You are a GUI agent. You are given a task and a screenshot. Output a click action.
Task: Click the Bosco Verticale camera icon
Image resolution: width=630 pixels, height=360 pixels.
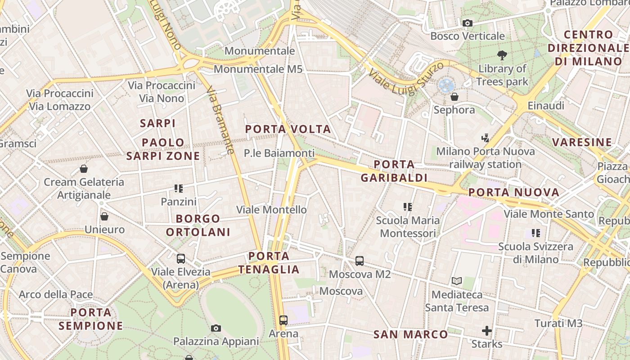click(x=468, y=23)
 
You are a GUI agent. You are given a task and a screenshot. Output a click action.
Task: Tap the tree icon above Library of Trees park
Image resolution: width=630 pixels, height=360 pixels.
click(x=502, y=55)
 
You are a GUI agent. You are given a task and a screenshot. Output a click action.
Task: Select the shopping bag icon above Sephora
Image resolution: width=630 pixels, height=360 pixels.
click(x=454, y=97)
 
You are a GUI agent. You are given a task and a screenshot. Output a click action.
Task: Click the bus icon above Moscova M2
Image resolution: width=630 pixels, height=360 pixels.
click(x=360, y=261)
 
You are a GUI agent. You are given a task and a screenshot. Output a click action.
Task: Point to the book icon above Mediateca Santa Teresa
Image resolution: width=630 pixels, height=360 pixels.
click(x=457, y=281)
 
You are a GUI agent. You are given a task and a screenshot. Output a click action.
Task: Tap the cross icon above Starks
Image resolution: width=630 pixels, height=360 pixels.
click(x=487, y=331)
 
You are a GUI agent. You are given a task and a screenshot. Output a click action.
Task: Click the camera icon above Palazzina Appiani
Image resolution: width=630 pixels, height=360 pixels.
click(x=216, y=328)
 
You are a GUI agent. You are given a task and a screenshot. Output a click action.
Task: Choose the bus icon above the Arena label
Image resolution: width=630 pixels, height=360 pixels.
click(x=283, y=320)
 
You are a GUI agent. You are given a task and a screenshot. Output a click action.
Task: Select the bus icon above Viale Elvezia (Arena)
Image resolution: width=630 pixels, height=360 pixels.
click(x=181, y=259)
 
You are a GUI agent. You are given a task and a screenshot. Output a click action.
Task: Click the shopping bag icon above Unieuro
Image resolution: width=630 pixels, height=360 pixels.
click(x=104, y=216)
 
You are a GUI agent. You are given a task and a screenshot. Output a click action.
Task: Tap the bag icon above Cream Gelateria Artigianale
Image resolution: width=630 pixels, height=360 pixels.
click(x=83, y=169)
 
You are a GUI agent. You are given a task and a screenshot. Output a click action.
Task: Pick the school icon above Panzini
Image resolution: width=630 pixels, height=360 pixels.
click(x=179, y=188)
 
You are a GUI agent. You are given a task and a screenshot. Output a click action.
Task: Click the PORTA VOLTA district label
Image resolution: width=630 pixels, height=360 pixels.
click(x=288, y=130)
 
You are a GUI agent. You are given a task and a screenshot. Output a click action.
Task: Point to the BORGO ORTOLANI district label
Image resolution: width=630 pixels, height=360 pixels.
click(x=198, y=225)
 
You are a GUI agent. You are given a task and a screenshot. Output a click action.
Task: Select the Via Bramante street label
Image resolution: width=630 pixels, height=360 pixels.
click(x=221, y=120)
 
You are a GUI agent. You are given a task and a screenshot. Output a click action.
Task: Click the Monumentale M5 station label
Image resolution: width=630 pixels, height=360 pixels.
click(x=258, y=69)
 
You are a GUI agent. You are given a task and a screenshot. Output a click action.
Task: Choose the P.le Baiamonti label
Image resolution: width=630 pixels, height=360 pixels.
click(x=279, y=153)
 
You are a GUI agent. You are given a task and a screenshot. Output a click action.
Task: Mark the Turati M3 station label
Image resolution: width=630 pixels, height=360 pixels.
click(x=558, y=323)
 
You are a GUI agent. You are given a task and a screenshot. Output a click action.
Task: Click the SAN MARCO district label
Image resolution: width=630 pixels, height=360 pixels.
click(x=411, y=334)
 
